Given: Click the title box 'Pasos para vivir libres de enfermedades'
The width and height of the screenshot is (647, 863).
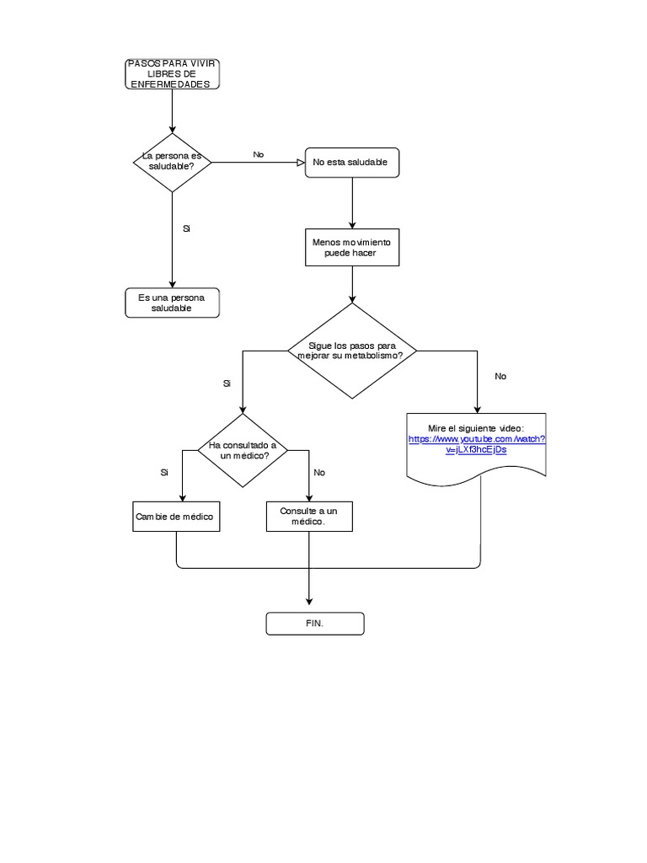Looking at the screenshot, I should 173,74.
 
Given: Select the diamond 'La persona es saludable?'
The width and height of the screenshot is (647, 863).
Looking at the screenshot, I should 173,161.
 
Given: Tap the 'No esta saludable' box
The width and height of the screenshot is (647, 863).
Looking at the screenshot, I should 350,163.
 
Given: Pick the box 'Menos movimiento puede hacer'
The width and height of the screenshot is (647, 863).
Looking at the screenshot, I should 351,247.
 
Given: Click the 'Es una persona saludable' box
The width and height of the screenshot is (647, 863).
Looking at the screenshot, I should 172,303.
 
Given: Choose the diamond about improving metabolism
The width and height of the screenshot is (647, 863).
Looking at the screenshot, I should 352,351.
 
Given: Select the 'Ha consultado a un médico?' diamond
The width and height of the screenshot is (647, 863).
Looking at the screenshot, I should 243,450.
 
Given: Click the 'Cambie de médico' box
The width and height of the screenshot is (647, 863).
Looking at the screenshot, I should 177,517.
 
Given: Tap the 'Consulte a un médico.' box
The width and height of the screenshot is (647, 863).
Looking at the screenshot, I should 309,517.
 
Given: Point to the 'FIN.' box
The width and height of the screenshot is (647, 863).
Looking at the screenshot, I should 315,624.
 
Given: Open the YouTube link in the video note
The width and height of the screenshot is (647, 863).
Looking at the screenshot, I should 477,444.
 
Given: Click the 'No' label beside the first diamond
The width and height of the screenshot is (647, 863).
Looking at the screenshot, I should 259,155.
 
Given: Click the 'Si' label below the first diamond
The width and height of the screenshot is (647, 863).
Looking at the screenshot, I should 186,228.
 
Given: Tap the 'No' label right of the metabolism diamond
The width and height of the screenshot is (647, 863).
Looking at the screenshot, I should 501,377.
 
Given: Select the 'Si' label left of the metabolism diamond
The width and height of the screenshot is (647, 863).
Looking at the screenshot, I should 227,383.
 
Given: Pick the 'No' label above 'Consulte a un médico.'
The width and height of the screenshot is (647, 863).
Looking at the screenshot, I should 319,473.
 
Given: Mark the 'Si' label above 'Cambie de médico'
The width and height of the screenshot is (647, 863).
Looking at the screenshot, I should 164,473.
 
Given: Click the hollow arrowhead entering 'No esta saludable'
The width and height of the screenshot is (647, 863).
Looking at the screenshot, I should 299,162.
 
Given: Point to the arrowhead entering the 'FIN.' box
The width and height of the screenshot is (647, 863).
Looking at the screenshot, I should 309,601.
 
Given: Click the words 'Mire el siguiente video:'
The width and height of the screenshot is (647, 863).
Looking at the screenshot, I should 476,428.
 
